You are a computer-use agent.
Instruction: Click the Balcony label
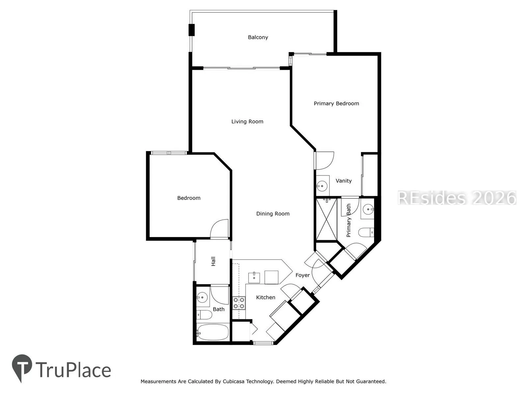point(258,37)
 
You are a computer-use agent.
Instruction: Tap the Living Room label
point(247,121)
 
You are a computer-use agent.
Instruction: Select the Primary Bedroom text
point(336,104)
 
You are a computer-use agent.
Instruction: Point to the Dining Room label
point(273,214)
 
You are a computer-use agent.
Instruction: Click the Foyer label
point(302,275)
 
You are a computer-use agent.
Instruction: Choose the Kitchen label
point(265,297)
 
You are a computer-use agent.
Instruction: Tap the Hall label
point(213,261)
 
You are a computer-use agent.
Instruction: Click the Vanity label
point(344,181)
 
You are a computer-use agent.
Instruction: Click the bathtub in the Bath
point(212,332)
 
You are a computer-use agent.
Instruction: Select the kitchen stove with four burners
point(239,303)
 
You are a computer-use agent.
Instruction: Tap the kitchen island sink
point(254,278)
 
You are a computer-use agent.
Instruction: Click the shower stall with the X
point(327,219)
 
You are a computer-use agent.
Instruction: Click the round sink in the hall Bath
point(202,297)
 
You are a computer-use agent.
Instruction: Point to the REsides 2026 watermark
point(457,198)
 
